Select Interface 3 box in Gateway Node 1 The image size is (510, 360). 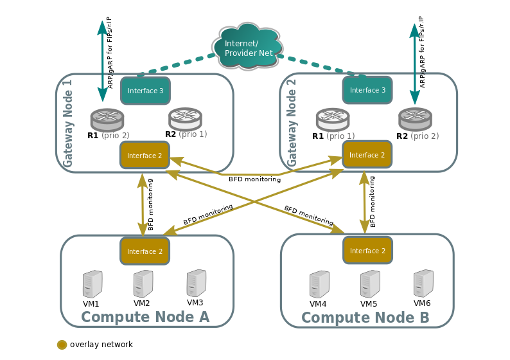pos(145,91)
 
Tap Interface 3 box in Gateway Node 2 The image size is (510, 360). pos(367,90)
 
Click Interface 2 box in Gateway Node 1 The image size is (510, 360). pos(145,155)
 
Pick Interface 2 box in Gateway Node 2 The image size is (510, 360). pos(367,155)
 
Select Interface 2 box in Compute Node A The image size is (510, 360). pos(145,251)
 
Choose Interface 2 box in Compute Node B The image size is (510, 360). pos(367,250)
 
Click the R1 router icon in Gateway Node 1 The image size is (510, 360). pos(107,119)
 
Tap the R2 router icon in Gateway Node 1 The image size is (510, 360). pos(185,118)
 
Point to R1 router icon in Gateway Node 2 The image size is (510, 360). pos(333,119)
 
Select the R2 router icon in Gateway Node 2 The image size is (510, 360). pos(415,119)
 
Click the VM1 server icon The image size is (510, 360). pos(92,283)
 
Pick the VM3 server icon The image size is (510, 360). pos(196,282)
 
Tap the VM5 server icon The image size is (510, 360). pos(369,283)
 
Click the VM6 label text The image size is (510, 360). pos(422,303)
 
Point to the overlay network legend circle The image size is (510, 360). pos(62,345)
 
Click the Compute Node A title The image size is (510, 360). pos(145,317)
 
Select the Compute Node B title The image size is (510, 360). pos(365,318)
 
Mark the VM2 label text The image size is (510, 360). pos(142,303)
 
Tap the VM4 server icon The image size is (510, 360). pos(319,283)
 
